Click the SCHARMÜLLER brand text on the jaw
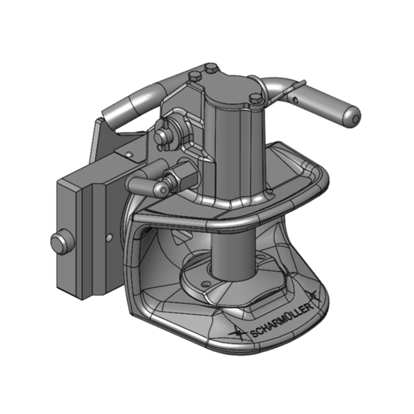[x=282, y=322]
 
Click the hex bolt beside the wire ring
[x=254, y=98]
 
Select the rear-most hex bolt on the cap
[x=210, y=68]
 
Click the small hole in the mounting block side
[x=109, y=236]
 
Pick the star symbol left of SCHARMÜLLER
[x=238, y=334]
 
